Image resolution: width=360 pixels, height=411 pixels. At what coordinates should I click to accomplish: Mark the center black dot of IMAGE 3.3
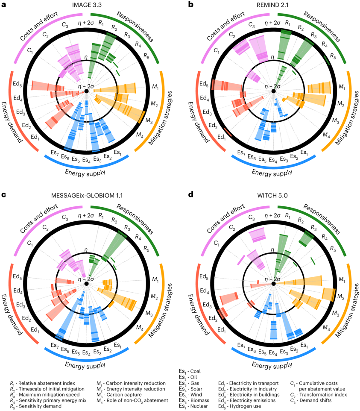[x=86, y=91]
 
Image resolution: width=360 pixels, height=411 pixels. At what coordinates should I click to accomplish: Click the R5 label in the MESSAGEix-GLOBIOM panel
[x=146, y=248]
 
